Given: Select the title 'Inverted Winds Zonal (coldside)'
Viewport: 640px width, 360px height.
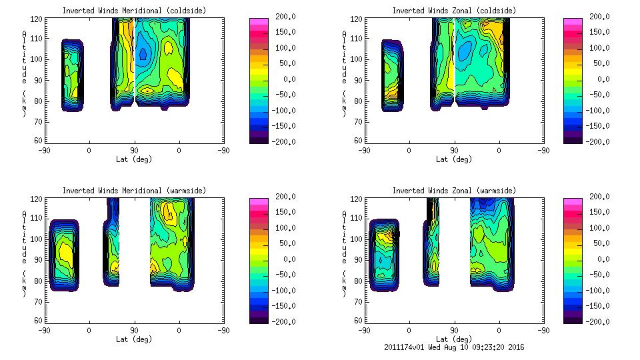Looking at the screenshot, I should [x=454, y=11].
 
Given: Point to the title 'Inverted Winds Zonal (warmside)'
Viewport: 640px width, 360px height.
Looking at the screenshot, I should [x=454, y=191].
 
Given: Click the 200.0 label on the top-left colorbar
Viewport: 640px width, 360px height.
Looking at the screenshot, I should [x=288, y=17].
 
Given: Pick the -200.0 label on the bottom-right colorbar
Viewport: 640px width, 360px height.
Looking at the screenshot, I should [x=601, y=321].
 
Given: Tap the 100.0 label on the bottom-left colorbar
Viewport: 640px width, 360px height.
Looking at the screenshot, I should [x=288, y=228].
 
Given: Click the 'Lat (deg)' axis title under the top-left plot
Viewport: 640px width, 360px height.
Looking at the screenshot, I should [x=134, y=159].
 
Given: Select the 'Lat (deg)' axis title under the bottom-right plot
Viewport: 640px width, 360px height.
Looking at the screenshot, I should [x=453, y=339].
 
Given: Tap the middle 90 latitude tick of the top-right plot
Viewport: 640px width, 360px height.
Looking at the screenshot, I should [x=454, y=151].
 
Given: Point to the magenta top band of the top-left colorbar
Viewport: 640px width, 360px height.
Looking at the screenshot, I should [x=258, y=21].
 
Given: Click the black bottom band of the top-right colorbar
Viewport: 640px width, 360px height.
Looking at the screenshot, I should [x=572, y=138].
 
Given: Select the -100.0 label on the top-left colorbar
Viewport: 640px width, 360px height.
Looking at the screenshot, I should [x=287, y=111].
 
